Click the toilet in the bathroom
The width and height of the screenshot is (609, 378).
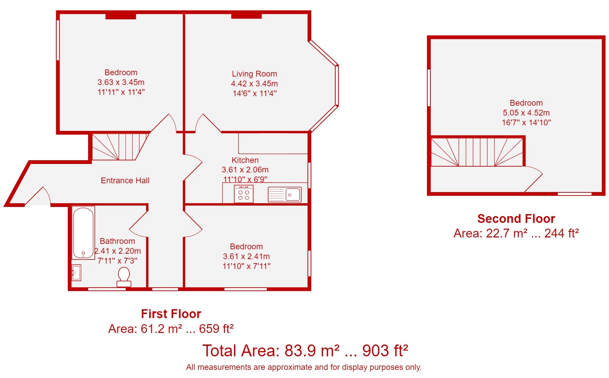[124, 277]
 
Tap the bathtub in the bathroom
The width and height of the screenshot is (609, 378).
[83, 233]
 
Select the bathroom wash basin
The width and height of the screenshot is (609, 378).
[77, 273]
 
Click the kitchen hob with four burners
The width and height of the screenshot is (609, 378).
[244, 194]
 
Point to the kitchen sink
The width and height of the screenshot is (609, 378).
[285, 194]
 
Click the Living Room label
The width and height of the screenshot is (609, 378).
[255, 74]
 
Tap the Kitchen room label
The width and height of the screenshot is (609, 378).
[245, 160]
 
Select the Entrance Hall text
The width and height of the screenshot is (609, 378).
[125, 181]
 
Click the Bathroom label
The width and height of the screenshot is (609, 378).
[117, 241]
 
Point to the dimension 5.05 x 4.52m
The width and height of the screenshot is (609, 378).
[526, 113]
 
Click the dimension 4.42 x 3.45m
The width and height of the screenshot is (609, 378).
[255, 84]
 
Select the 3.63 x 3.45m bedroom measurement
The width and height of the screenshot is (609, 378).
[121, 82]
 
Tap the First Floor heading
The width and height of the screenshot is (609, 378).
[171, 314]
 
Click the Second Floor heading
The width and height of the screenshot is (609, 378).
[516, 219]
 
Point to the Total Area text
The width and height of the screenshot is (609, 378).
[305, 351]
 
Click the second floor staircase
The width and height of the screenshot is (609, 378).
[477, 152]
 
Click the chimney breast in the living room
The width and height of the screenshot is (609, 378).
[246, 16]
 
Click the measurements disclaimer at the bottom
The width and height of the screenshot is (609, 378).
[304, 367]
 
